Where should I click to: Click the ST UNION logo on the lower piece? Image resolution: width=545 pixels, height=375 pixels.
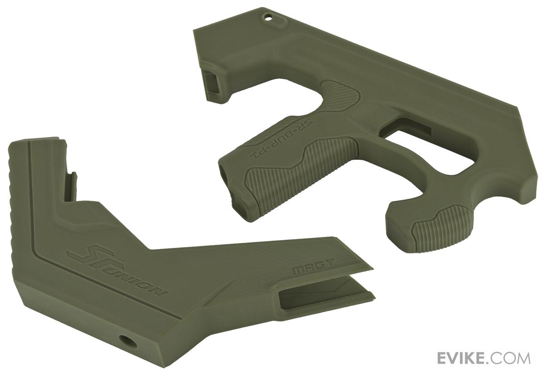coord(116,271)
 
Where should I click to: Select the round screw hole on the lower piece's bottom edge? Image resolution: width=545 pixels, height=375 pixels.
coord(124,339)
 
